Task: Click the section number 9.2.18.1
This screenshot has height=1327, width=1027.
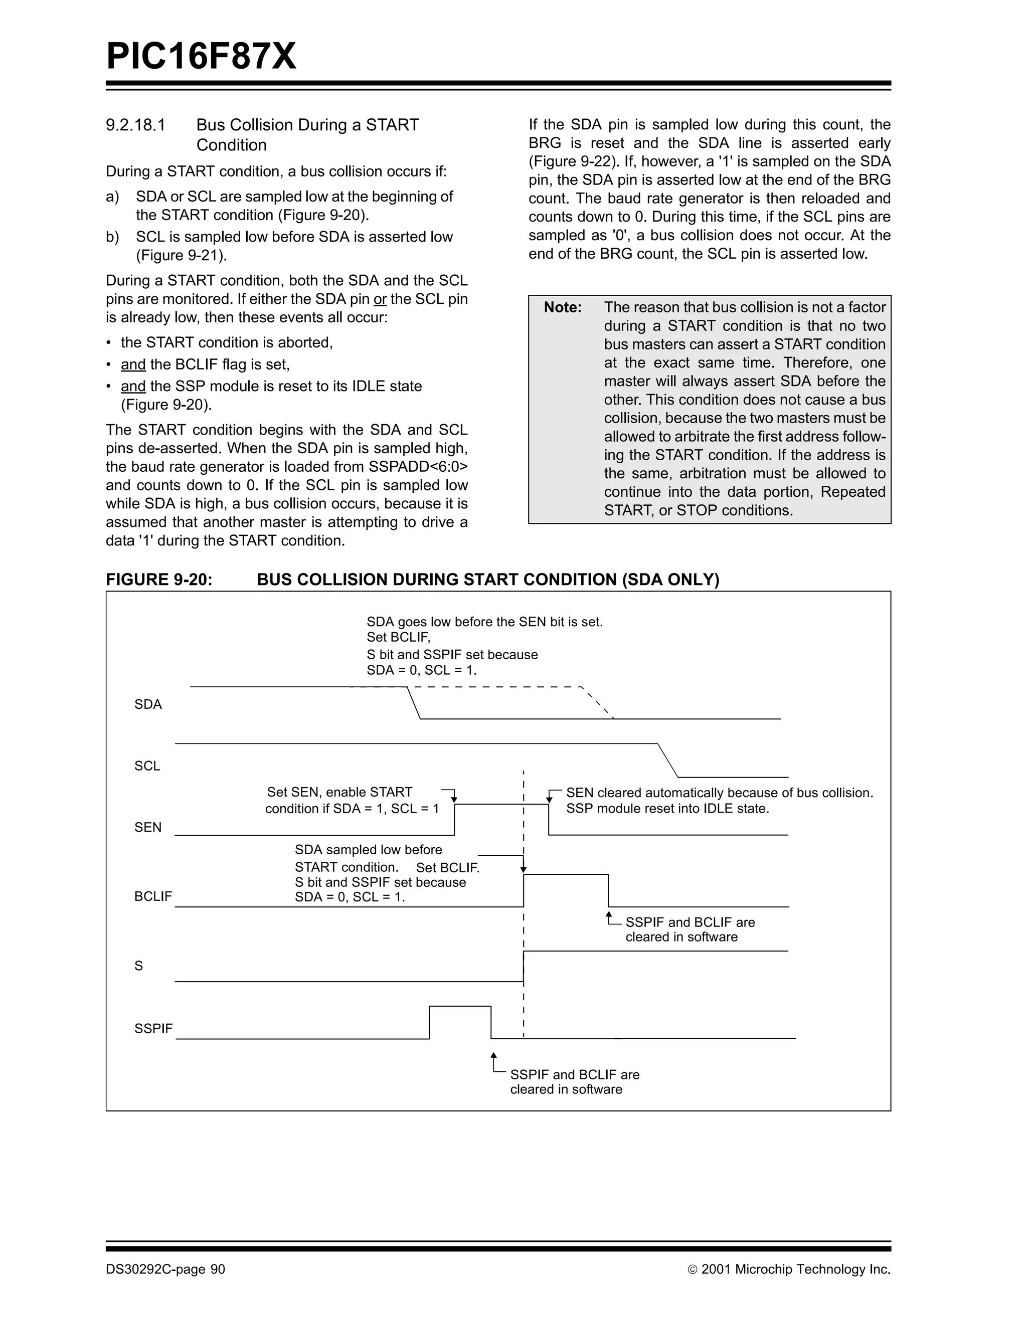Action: [x=135, y=125]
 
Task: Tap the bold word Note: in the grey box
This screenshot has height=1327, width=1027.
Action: [x=562, y=307]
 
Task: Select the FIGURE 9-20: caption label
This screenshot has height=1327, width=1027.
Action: [x=159, y=580]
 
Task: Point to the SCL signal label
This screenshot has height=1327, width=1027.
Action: [x=147, y=766]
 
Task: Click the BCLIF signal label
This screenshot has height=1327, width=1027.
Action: [x=153, y=896]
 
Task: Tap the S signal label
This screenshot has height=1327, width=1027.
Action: [x=138, y=966]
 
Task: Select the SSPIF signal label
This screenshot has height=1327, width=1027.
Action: [x=153, y=1028]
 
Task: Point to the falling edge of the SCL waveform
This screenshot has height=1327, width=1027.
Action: [x=668, y=760]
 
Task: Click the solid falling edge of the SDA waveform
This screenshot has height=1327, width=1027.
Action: [x=413, y=703]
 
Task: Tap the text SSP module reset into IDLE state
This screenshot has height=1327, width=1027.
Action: [x=667, y=809]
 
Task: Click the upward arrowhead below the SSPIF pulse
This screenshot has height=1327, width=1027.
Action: [x=493, y=1056]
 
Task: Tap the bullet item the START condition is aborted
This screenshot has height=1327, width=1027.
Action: [x=227, y=343]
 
